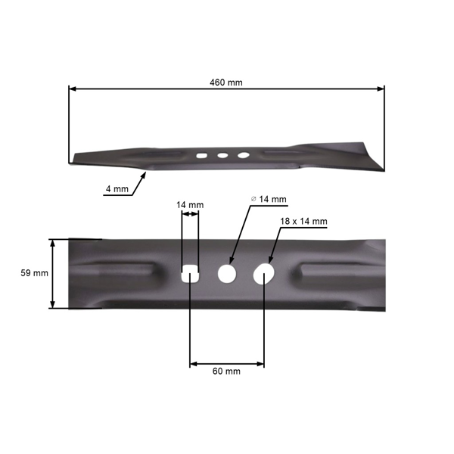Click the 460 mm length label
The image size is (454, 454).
point(225,82)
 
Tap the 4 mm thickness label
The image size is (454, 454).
point(116,189)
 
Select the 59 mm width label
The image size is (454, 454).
point(36,273)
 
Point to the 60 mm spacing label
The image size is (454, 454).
point(226,371)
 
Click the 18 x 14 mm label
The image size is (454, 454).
point(303,221)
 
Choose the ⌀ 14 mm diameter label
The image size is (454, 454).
point(269,200)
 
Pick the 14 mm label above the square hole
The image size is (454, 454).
point(189,205)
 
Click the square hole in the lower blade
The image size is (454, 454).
point(190,272)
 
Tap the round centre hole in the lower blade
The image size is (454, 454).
point(227,272)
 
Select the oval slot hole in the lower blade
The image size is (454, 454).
point(263,272)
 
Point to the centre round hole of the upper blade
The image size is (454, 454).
point(223,155)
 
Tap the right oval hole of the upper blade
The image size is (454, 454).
point(243,155)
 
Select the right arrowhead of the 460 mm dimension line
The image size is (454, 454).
point(382,89)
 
